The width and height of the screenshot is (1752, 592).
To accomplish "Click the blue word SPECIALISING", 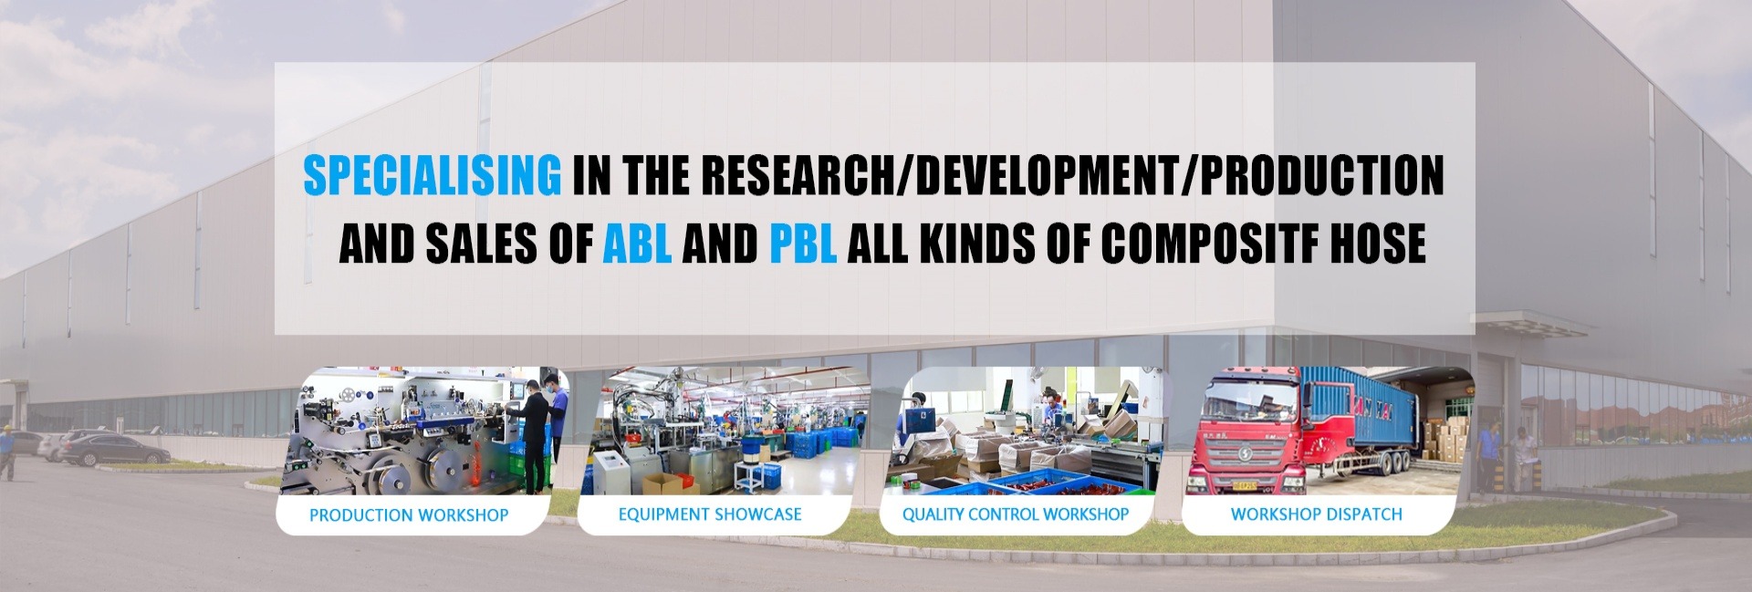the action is [432, 176].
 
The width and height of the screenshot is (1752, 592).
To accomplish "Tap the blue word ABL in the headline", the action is [638, 243].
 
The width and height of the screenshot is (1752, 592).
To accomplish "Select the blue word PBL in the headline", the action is [803, 243].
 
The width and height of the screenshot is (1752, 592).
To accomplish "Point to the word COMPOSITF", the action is [1206, 243].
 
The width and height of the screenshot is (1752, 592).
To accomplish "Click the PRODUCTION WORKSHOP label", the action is [409, 515].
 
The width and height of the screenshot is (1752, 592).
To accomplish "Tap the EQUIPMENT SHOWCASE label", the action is [710, 514].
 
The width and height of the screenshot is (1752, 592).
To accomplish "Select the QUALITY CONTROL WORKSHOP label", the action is [1016, 514].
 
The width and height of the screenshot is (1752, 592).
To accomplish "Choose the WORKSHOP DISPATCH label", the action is [1316, 514].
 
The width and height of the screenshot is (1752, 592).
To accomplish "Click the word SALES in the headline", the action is [474, 243].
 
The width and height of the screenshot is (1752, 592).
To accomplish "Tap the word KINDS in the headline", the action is [977, 243].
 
